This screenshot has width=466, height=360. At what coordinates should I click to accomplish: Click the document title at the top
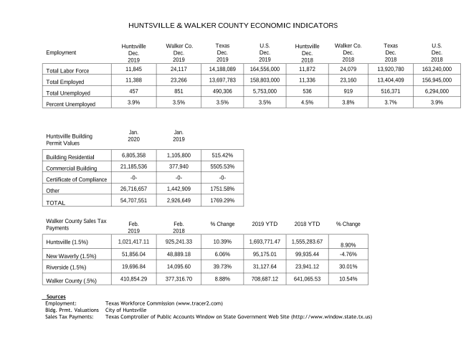232,25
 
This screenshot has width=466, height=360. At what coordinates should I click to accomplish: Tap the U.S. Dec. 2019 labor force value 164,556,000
265,70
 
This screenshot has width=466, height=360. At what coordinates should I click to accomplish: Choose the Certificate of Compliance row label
76,179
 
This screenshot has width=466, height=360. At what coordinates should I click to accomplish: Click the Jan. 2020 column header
134,135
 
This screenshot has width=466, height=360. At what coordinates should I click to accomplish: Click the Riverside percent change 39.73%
219,266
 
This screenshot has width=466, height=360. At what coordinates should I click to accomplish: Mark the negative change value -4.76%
348,254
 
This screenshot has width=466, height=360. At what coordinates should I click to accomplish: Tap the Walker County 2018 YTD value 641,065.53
308,278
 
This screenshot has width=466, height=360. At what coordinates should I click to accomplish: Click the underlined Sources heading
55,296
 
